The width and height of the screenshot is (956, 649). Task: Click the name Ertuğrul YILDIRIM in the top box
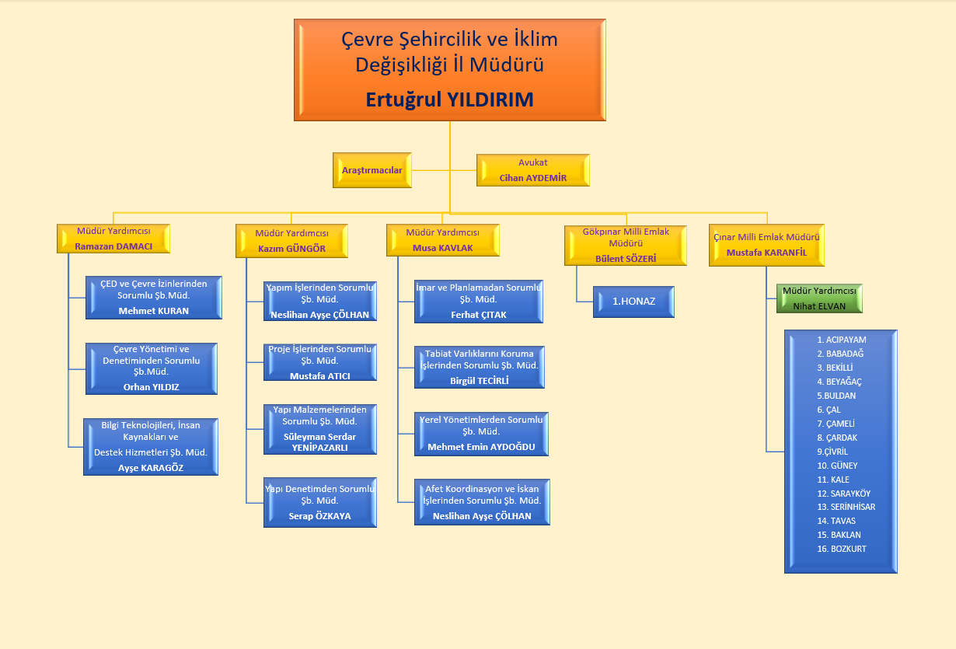point(449,99)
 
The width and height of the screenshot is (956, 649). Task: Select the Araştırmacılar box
point(372,170)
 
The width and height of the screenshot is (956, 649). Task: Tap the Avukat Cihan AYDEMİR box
point(532,170)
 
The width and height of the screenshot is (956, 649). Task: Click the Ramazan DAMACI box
point(113,239)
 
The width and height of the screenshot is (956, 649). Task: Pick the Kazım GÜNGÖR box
point(291,241)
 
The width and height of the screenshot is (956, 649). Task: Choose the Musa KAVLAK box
point(442,240)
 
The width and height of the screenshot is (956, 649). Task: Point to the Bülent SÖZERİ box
point(626,245)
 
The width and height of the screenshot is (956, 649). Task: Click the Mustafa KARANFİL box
point(766,245)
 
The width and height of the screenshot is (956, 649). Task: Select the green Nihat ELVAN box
point(819,298)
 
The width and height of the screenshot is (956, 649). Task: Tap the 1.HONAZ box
point(633,302)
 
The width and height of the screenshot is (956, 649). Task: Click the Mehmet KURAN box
point(153,298)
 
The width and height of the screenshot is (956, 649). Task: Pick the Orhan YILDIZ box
point(151,368)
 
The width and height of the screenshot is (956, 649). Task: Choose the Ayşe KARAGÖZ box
point(151,447)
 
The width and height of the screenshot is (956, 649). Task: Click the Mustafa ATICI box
point(320,362)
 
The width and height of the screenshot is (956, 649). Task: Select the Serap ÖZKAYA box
point(320,502)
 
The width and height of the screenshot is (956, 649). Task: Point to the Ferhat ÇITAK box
point(478,302)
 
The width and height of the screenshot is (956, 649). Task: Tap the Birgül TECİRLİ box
point(479,367)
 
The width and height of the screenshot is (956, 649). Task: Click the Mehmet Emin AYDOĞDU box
point(481,434)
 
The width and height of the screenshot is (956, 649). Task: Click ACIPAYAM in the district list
point(841,340)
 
